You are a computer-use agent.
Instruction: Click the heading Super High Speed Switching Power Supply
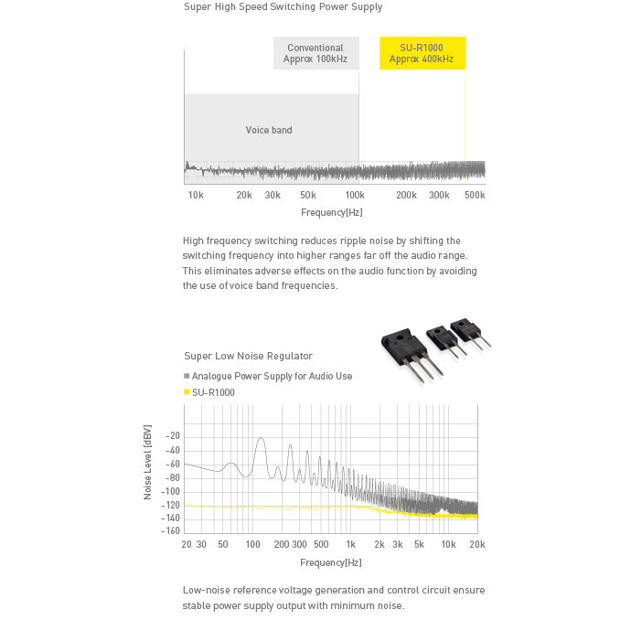click(x=283, y=7)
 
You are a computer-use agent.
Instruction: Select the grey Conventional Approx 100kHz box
click(x=315, y=54)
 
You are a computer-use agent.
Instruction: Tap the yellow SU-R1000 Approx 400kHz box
click(x=422, y=54)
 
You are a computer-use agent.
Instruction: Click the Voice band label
click(x=269, y=130)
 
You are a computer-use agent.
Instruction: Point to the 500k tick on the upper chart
click(x=474, y=196)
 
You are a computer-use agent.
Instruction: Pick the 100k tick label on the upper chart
click(x=354, y=196)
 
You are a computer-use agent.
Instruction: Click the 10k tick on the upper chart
click(x=195, y=196)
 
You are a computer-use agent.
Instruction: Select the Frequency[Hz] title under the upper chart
click(x=332, y=212)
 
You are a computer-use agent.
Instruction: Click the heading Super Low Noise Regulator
click(x=248, y=356)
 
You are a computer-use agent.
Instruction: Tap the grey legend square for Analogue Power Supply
click(x=187, y=376)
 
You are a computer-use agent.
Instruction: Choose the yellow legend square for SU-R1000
click(x=187, y=392)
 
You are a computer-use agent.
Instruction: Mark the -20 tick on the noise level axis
click(x=173, y=436)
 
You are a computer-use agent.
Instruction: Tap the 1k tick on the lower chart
click(x=349, y=544)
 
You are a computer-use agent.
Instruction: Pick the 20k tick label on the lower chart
click(x=476, y=544)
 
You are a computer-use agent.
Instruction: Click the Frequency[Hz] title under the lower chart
click(x=331, y=562)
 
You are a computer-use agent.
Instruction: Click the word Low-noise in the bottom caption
click(x=205, y=590)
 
